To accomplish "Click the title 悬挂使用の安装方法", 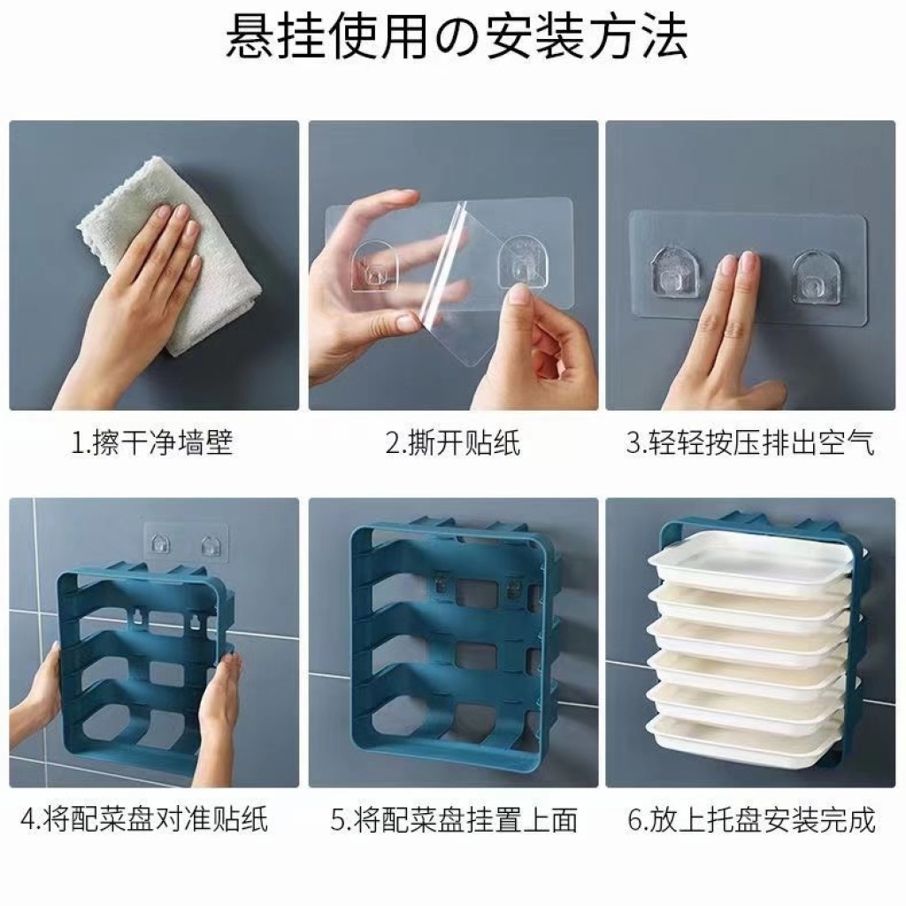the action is coord(456,36).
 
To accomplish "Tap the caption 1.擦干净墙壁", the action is coord(152,444).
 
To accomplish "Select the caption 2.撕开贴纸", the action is coord(453,444).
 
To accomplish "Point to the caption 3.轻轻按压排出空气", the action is coord(750,444).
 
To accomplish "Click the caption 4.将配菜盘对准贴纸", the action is coord(144,819).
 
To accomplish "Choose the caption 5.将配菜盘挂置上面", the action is coord(454,819).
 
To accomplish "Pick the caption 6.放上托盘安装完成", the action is coord(751,819).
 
